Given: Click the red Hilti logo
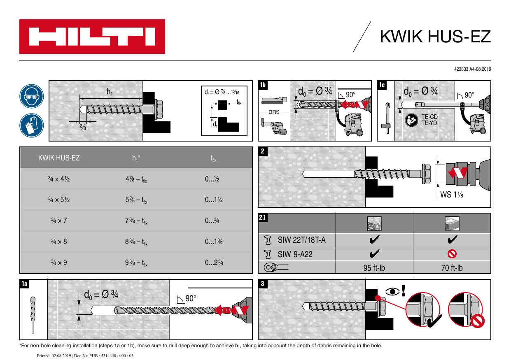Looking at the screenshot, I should pos(92,37).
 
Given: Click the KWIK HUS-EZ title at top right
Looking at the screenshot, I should pos(435,37).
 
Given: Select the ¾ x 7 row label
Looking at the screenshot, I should pos(59,221).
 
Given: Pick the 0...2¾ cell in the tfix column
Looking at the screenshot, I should pos(214,262).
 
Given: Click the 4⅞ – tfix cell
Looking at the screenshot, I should pos(136,179).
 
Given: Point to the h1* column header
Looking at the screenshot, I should pos(136,158).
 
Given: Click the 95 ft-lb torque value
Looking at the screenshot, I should pos(374,268).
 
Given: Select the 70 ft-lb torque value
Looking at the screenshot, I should pos(452,268).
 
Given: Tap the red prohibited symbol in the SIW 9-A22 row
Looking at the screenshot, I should pos(452,254).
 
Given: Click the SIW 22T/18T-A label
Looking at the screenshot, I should pos(301,240).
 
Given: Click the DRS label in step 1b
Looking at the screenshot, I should pos(274,112).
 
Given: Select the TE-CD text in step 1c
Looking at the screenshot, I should pos(429,117).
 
